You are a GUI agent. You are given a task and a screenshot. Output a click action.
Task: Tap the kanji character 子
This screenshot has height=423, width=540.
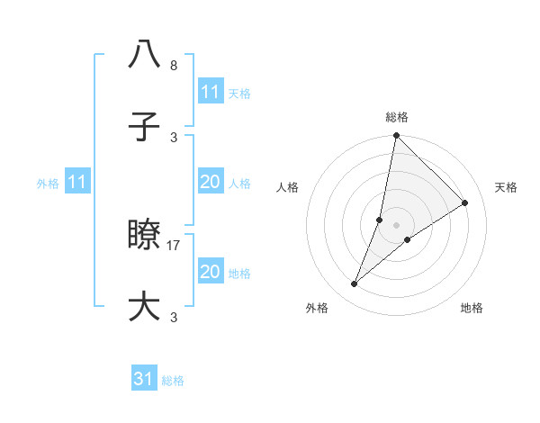144,128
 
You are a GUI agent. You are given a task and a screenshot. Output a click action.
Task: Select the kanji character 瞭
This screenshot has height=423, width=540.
144,236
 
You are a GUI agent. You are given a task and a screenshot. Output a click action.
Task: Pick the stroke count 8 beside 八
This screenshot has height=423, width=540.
174,66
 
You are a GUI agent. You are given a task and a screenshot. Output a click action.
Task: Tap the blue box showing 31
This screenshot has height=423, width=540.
144,379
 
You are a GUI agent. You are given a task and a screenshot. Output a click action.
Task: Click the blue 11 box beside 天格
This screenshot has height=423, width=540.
210,92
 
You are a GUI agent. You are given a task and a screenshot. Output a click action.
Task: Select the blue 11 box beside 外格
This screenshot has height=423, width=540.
77,182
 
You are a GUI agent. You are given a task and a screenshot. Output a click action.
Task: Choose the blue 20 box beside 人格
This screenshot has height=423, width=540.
210,182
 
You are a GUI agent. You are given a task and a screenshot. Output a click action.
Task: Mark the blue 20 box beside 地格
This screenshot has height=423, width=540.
210,272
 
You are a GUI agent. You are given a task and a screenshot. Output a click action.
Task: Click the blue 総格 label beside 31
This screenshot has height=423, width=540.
173,381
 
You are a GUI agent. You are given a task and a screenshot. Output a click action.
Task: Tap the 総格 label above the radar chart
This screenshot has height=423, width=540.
396,117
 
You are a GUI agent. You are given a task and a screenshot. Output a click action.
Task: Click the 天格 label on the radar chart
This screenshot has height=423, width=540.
506,187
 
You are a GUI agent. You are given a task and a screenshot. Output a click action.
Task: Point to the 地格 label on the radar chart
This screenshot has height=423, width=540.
472,308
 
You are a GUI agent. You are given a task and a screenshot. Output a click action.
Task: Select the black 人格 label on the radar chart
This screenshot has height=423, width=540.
287,187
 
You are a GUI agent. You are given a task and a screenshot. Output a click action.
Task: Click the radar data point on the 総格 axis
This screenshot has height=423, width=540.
396,136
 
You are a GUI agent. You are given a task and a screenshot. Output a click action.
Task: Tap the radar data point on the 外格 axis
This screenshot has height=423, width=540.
355,284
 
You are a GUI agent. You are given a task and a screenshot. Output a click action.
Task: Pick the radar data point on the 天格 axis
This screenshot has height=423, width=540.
465,203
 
